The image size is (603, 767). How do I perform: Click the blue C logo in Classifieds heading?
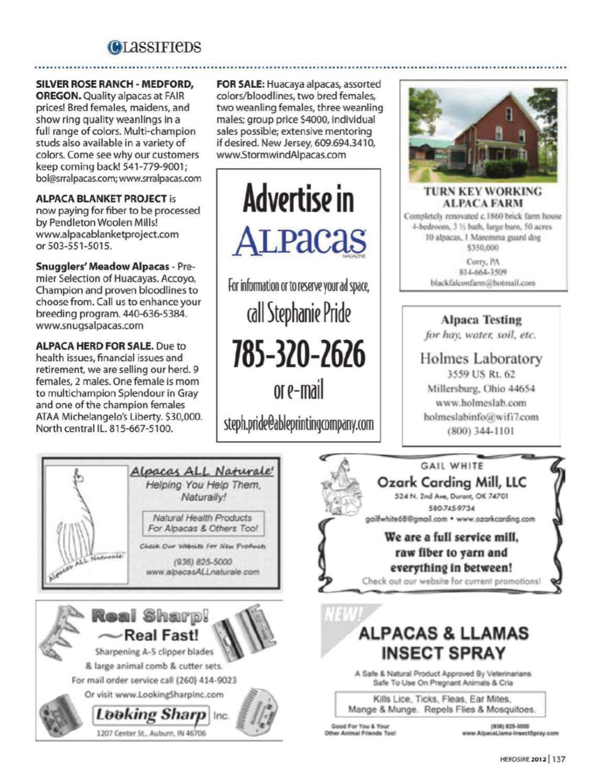(114, 47)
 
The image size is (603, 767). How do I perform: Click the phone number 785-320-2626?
(298, 353)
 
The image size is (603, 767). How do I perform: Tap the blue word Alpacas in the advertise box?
(299, 240)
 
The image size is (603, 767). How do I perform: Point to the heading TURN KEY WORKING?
(483, 192)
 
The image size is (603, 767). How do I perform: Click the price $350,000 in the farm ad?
(483, 248)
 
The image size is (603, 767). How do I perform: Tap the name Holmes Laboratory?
(481, 358)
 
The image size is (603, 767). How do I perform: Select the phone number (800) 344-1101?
(481, 431)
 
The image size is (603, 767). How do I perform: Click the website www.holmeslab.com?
(481, 403)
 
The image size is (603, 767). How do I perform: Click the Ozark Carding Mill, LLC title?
(452, 482)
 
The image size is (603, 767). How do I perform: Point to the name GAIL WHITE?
(452, 466)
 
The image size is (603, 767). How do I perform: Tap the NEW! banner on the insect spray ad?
(342, 614)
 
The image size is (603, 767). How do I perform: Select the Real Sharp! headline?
(150, 616)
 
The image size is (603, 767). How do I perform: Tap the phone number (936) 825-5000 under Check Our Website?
(202, 562)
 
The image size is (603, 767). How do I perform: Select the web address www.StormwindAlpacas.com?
(281, 155)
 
